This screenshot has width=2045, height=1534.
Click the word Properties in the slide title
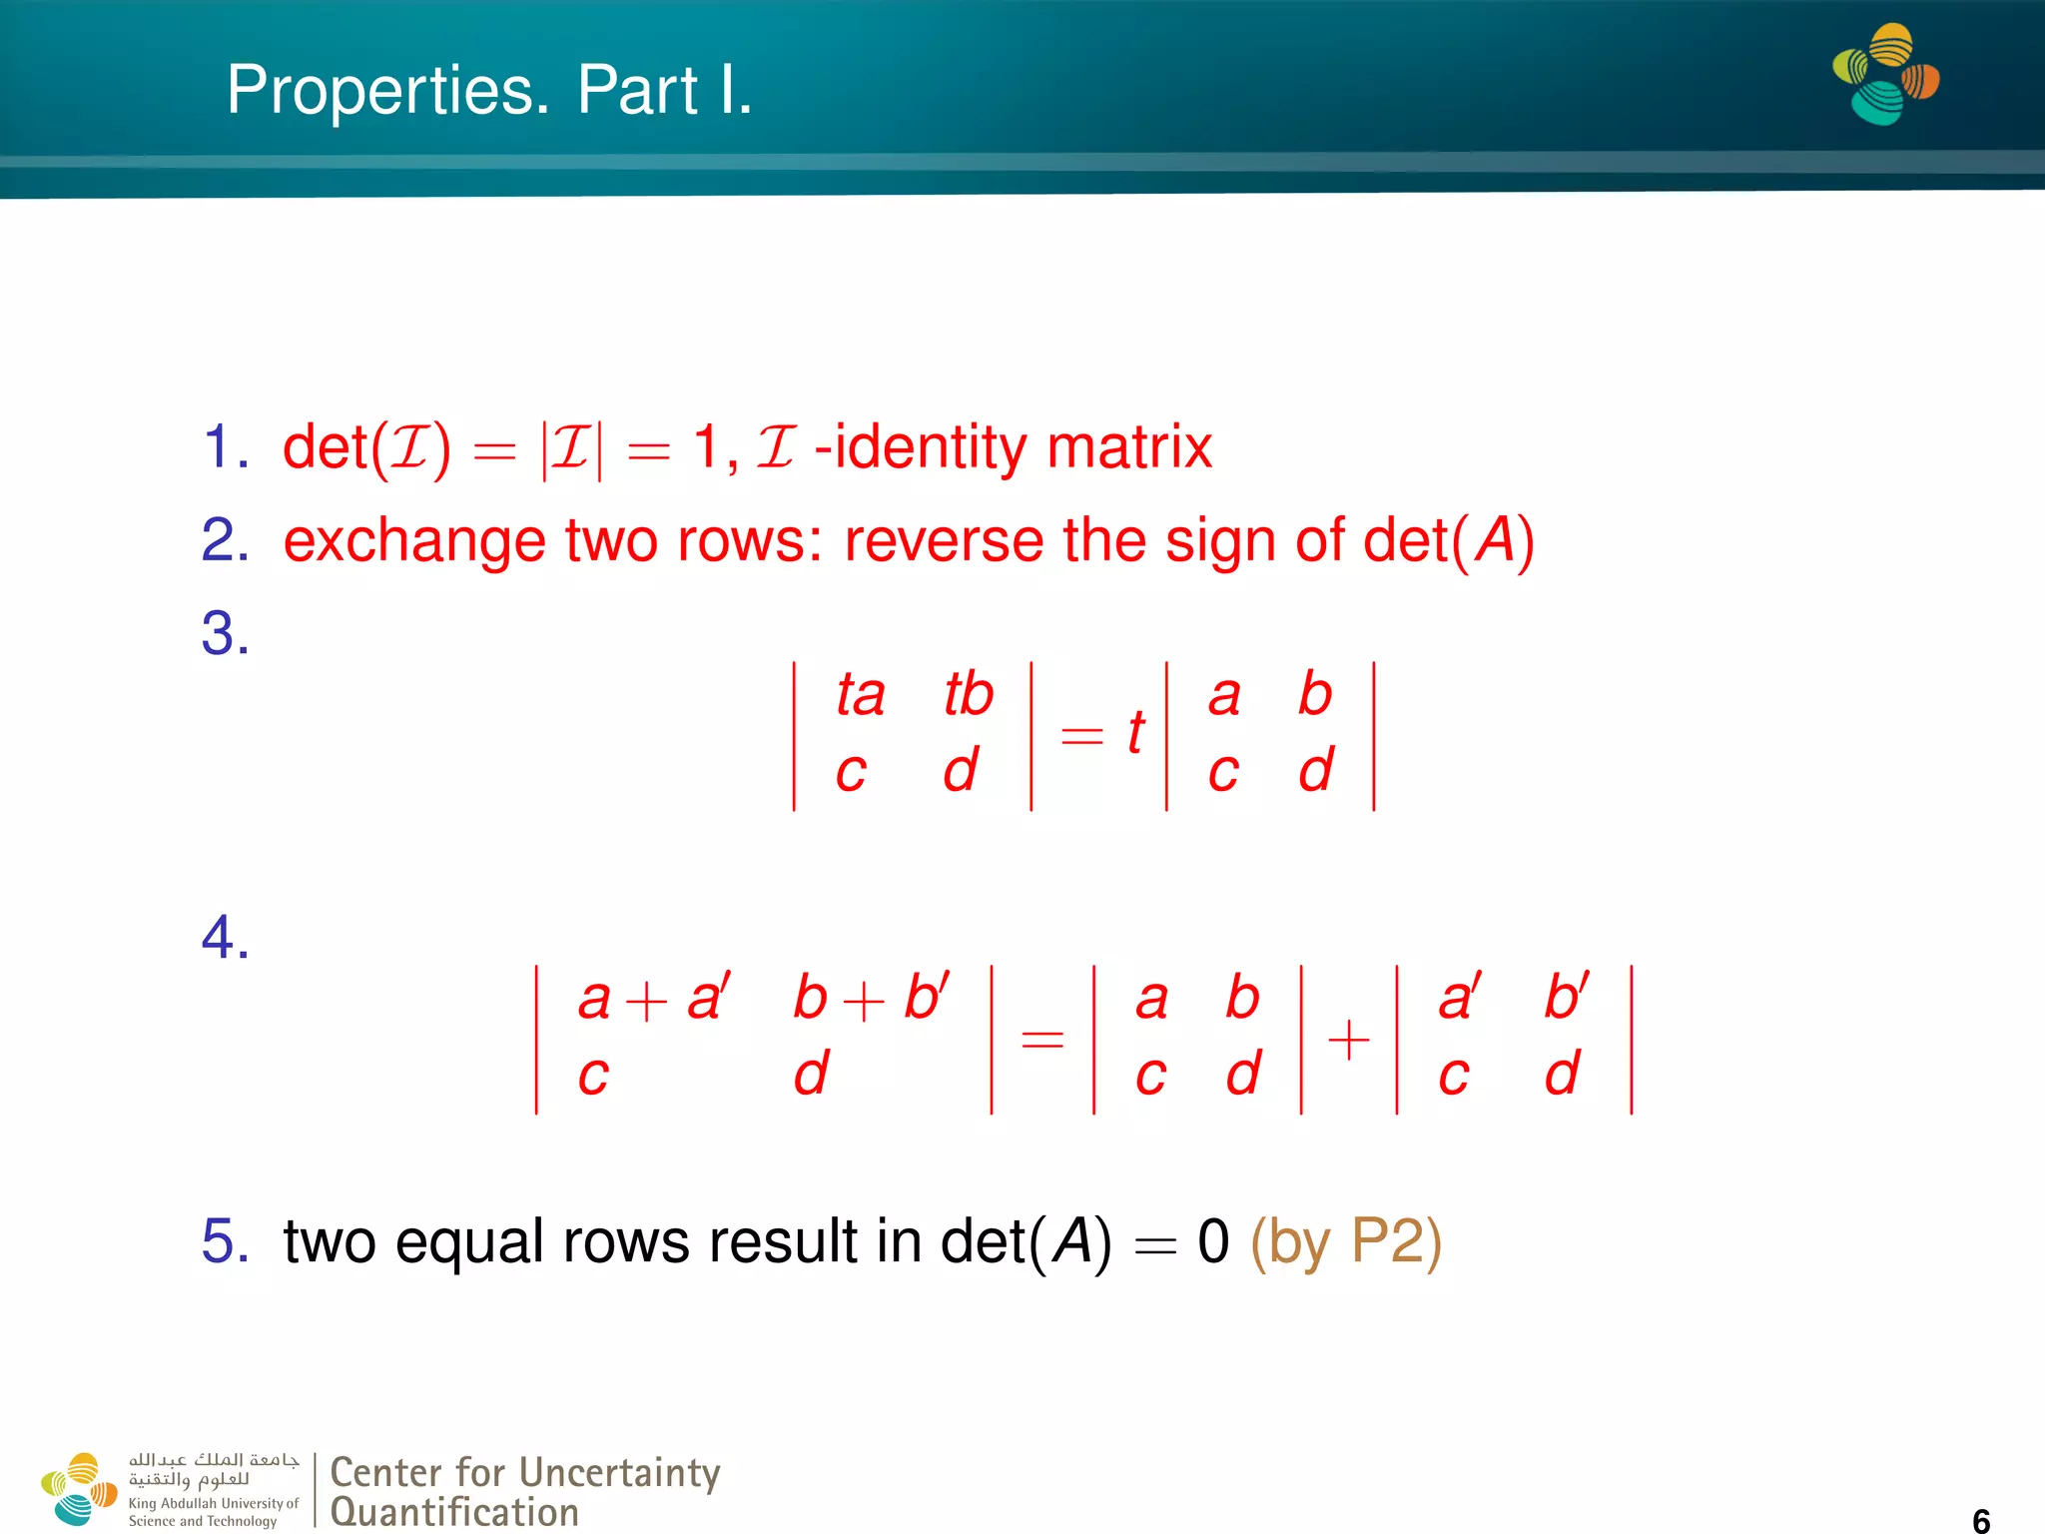tap(387, 92)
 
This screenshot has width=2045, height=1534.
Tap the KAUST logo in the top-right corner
tap(1885, 74)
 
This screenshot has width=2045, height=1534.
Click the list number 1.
tap(225, 446)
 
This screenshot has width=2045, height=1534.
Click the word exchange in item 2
tap(413, 542)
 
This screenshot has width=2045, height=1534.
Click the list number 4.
tap(225, 938)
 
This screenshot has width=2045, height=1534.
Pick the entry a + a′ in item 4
tap(654, 998)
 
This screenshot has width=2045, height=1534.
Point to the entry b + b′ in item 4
tap(870, 998)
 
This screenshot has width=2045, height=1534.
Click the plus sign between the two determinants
tap(1348, 1040)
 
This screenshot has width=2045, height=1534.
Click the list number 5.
tap(225, 1241)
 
